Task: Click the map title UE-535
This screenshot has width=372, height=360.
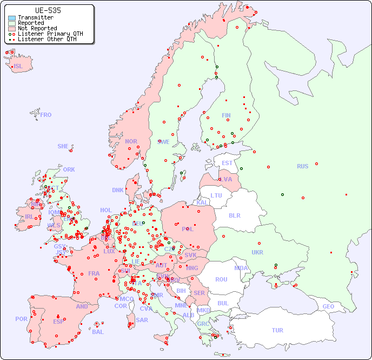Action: (48, 10)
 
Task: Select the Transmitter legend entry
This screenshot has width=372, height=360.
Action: (35, 18)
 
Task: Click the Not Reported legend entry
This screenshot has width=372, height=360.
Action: (37, 29)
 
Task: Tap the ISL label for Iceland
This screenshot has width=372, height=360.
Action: (18, 67)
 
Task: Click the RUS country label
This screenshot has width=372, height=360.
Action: (302, 166)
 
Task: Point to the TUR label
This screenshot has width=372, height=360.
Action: (277, 330)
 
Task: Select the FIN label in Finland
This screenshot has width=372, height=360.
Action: (226, 115)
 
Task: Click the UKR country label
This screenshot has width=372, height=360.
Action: (257, 252)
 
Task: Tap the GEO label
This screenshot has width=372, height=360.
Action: (328, 306)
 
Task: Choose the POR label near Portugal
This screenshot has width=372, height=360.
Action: (21, 319)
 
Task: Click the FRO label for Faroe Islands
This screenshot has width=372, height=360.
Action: (46, 115)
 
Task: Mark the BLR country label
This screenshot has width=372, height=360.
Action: (234, 215)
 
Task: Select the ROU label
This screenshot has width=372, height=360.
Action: (221, 279)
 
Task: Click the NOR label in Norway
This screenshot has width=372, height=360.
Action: (131, 141)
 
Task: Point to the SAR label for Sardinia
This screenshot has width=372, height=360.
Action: (142, 320)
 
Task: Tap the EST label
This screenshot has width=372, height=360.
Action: (227, 163)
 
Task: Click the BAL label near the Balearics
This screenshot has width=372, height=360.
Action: (97, 332)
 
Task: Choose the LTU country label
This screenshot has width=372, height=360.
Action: (216, 195)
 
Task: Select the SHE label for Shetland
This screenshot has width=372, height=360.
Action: (63, 146)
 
